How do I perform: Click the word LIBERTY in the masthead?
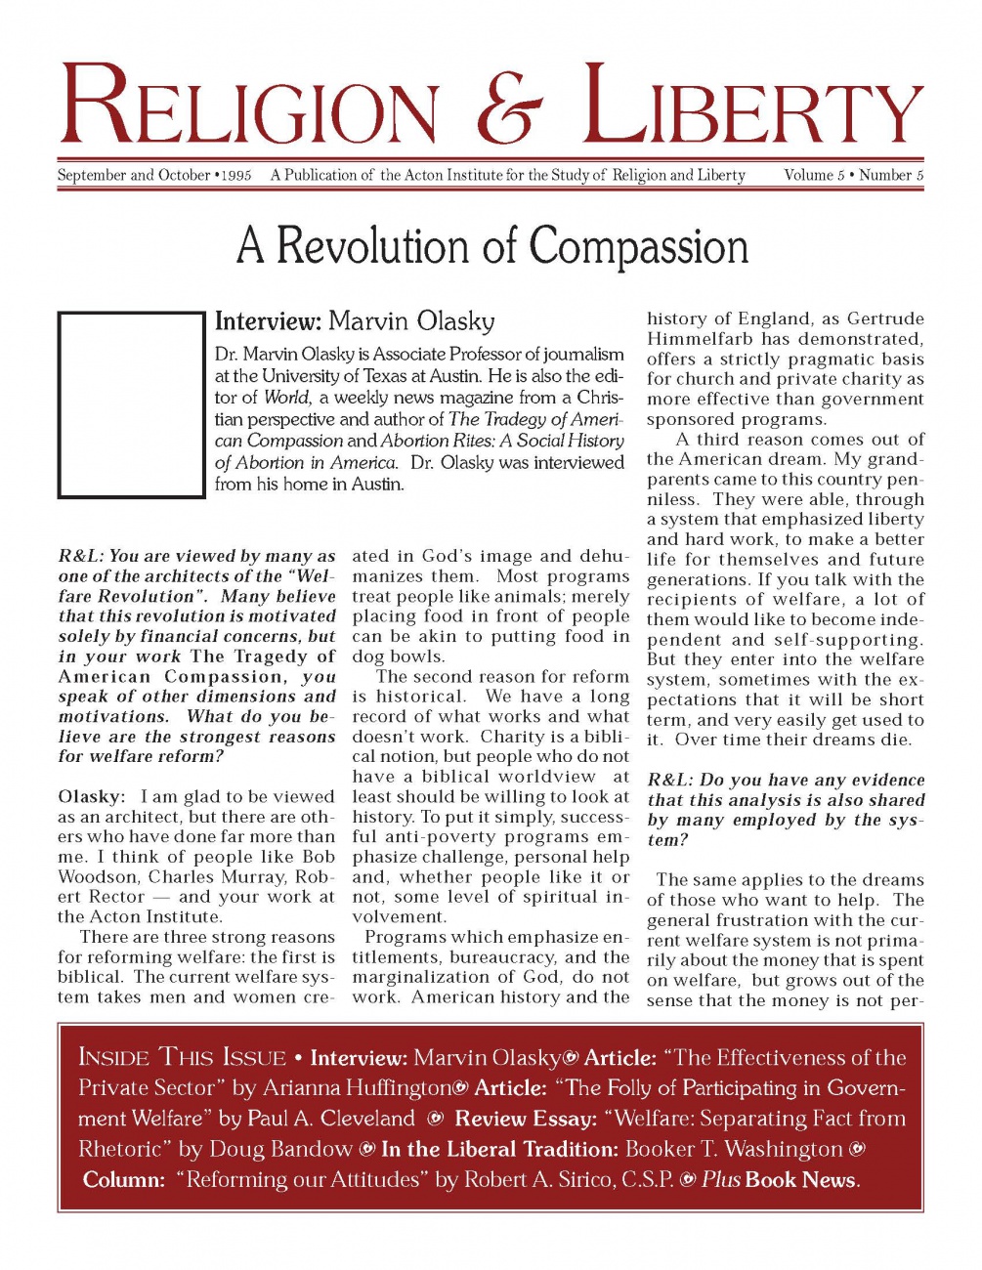pos(752,106)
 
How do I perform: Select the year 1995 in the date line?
pos(235,177)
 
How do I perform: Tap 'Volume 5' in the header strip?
pos(814,176)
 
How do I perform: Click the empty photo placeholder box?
pos(131,404)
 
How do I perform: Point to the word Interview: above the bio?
pos(268,321)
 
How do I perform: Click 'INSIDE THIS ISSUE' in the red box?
pos(182,1058)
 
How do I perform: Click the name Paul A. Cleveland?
pos(331,1119)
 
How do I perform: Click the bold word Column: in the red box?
pos(124,1180)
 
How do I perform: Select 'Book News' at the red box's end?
pos(800,1180)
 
